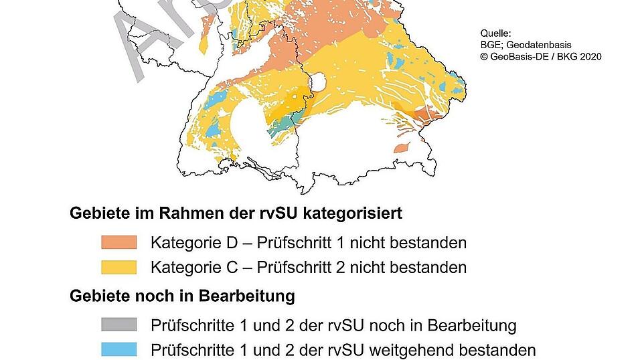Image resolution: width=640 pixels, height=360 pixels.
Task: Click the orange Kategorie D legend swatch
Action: coord(118,242)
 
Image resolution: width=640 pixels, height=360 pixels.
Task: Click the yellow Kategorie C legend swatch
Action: coord(118,267)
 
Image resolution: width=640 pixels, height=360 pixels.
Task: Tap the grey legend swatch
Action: coord(118,325)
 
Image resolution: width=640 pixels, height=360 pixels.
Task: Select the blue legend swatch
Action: coord(118,349)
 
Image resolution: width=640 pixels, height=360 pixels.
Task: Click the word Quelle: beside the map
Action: coord(495,33)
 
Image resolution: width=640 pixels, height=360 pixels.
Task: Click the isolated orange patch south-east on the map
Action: coord(402,147)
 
